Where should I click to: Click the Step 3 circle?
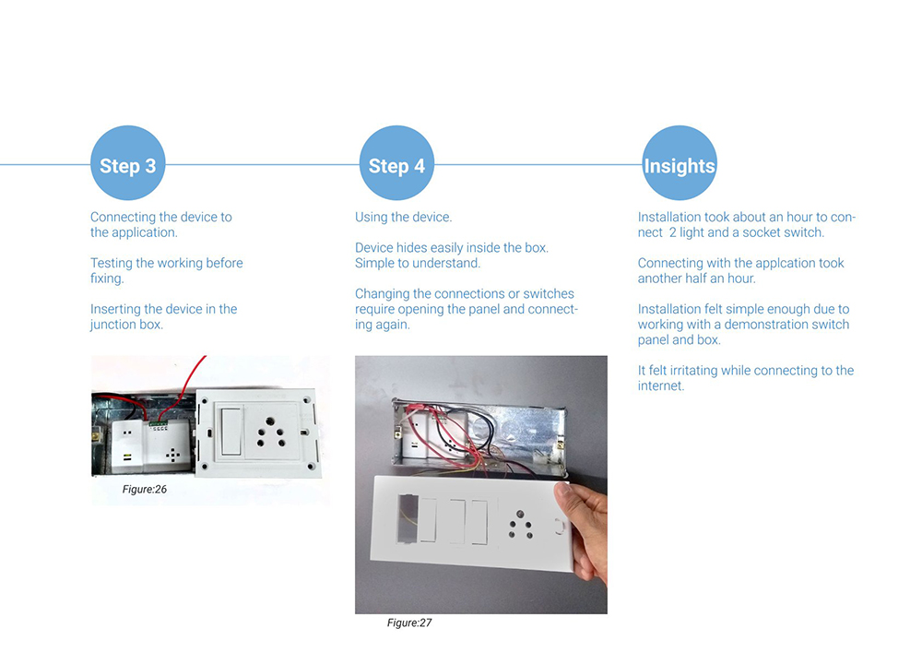tap(127, 165)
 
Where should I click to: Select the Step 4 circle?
tap(396, 165)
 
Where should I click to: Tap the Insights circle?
tap(679, 165)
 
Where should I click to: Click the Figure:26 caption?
tap(145, 489)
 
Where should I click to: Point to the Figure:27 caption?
tap(409, 622)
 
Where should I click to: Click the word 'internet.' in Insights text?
tap(661, 385)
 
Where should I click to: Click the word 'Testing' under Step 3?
tap(112, 263)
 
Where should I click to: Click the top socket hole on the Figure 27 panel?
tap(520, 513)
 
